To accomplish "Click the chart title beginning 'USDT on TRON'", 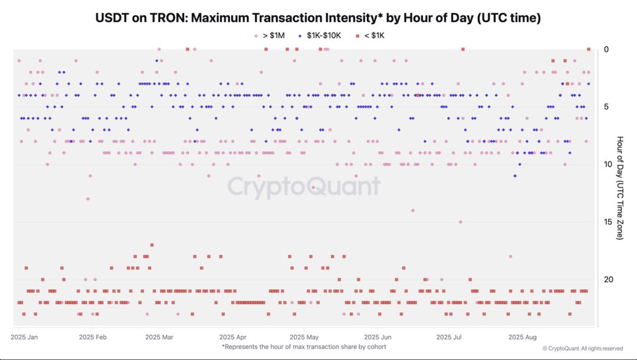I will point(318,18).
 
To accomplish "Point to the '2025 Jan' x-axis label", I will point(24,337).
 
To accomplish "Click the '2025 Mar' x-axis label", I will point(159,337).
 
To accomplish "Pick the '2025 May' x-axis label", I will point(305,337).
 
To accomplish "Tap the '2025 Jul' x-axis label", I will point(449,337).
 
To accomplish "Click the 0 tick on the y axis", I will point(606,49).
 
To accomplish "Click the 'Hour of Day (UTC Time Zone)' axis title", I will point(619,187).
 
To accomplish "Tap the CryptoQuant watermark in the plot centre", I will point(304,187).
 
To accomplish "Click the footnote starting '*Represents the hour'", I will point(304,347).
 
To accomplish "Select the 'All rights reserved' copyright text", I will point(582,349).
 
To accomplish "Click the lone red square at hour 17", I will point(152,245).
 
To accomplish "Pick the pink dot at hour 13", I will point(88,199).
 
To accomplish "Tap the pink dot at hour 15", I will point(460,222).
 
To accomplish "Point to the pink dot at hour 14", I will point(412,210).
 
